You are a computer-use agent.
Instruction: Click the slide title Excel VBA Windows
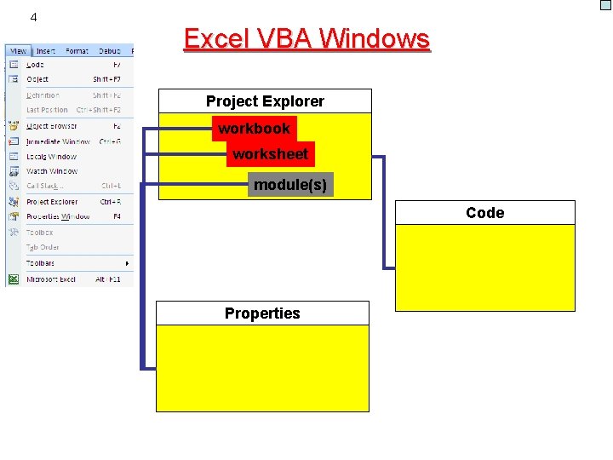306,39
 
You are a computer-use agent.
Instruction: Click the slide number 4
33,17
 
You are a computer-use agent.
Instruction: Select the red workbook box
254,129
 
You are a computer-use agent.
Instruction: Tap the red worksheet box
271,154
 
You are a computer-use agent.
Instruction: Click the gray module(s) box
290,185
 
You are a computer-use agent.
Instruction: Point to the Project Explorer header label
265,101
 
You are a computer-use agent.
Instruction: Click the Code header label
484,213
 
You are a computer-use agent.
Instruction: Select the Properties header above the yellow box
262,313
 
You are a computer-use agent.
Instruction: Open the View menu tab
18,51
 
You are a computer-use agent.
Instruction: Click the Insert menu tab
46,51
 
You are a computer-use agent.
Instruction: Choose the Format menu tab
77,51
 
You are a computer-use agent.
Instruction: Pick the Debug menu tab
109,51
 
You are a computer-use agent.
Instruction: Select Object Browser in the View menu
51,126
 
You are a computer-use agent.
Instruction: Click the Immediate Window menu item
57,141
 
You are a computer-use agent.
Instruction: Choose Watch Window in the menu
51,171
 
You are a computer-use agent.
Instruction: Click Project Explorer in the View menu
51,202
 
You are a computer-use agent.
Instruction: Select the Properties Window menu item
57,216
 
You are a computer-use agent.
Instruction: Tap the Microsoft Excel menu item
50,279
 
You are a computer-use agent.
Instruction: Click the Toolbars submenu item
41,263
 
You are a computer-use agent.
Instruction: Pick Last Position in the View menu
47,110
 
